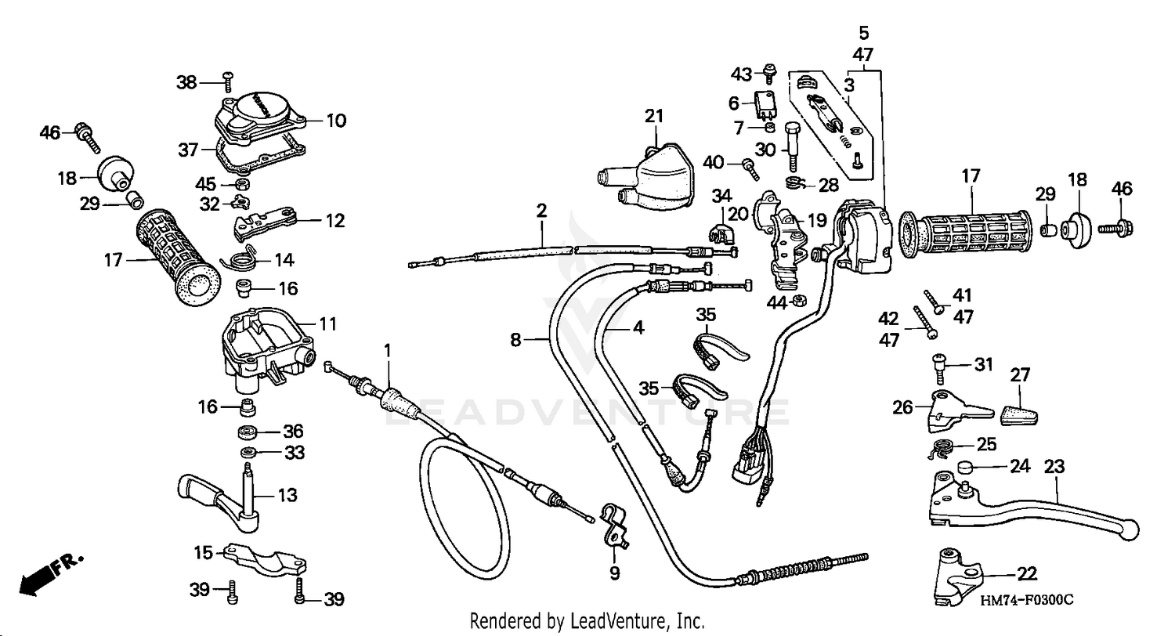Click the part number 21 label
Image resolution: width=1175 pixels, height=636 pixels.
(x=653, y=116)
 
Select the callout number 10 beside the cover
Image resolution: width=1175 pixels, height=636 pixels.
(x=335, y=121)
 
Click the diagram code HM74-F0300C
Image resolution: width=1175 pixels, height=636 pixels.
(x=1025, y=600)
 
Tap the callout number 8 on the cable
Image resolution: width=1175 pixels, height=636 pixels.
(x=515, y=340)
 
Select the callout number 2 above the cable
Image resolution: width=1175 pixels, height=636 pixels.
(x=541, y=210)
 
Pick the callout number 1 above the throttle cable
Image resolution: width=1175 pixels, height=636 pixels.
(x=386, y=349)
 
